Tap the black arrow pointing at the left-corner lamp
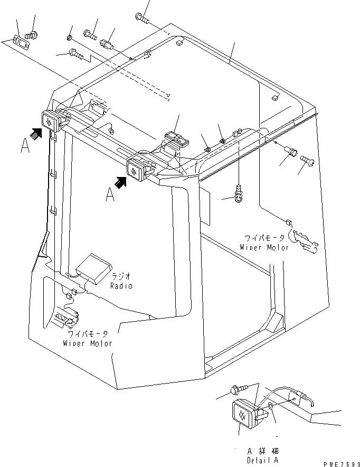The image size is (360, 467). pos(36,135)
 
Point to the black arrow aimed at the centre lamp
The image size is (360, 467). pos(121,182)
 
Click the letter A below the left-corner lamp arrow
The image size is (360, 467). pos(24,145)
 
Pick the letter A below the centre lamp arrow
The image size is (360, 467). pos(110,195)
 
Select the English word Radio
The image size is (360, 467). pos(121,286)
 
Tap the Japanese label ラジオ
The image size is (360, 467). pos(121,276)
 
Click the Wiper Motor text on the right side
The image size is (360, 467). pos(264,247)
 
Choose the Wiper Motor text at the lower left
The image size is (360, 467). pos(88,343)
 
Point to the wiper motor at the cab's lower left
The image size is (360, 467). pos(66,319)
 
